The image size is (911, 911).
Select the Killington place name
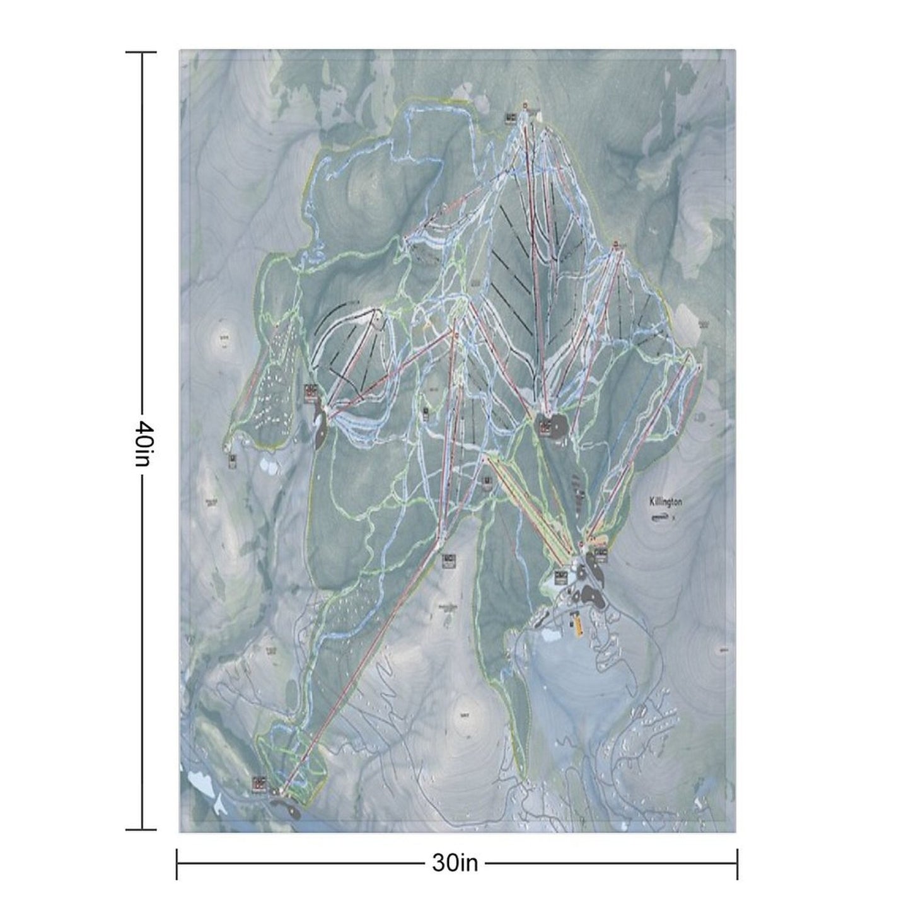(666, 502)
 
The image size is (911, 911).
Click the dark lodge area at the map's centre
(550, 426)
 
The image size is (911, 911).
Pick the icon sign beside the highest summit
(511, 117)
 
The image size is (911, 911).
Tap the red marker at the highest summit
(525, 105)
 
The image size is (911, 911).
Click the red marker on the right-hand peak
(615, 242)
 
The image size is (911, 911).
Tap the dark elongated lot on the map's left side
(319, 427)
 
